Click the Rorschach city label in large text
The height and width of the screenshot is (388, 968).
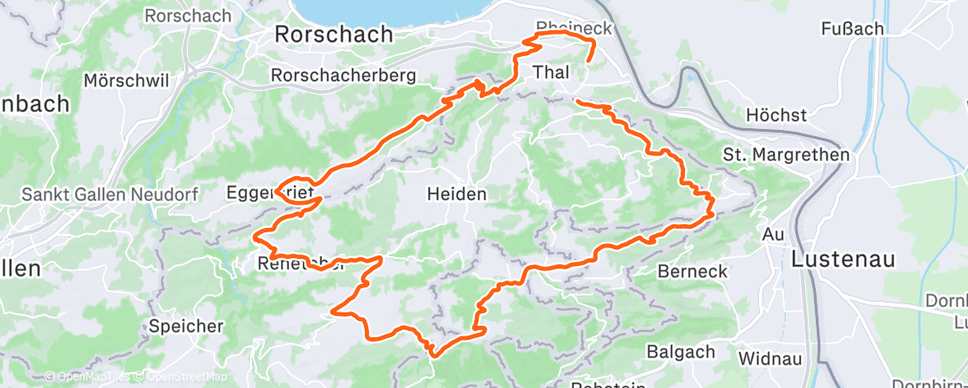pyautogui.click(x=334, y=35)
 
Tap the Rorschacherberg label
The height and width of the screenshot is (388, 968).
pyautogui.click(x=344, y=76)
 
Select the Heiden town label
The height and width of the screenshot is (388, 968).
pyautogui.click(x=457, y=194)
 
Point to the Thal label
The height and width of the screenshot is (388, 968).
pyautogui.click(x=550, y=72)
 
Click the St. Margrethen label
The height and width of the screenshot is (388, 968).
pyautogui.click(x=786, y=155)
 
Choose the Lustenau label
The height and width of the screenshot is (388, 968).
pyautogui.click(x=844, y=259)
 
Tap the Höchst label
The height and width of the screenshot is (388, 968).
pyautogui.click(x=776, y=116)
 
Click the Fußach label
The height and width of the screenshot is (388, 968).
pyautogui.click(x=852, y=29)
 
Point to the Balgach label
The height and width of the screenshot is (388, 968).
pyautogui.click(x=681, y=352)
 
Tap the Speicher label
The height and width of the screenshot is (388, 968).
pyautogui.click(x=186, y=326)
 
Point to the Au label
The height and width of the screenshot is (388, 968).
pyautogui.click(x=773, y=234)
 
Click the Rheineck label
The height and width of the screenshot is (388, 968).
pyautogui.click(x=574, y=28)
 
